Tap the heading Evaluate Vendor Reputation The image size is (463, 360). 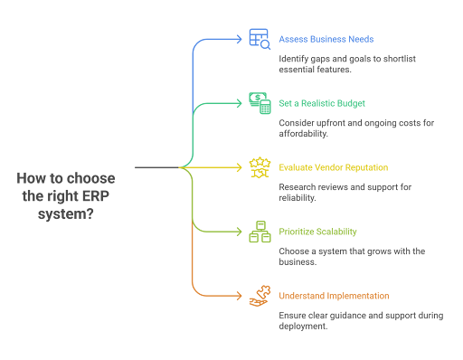[333, 167]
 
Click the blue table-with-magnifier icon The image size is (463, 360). [260, 38]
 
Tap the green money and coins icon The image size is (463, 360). [260, 102]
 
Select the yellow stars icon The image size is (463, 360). [260, 166]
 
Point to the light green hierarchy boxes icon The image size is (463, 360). [260, 232]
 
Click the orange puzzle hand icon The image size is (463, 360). [260, 296]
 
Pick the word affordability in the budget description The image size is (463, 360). [304, 133]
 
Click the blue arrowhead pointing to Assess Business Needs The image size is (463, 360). [241, 39]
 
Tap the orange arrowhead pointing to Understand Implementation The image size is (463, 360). [241, 296]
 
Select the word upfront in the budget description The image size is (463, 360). [323, 122]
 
